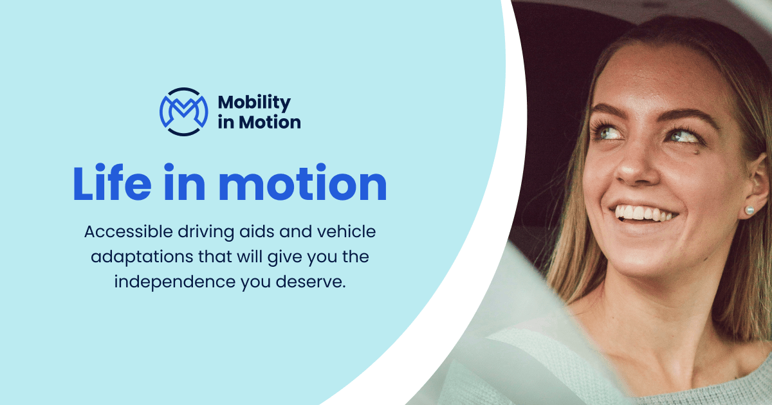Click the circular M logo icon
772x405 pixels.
coord(183,111)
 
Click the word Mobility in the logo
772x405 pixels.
coord(254,102)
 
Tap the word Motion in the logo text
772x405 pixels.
coord(270,122)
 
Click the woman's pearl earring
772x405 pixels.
coord(749,210)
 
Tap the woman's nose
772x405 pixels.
coord(634,165)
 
